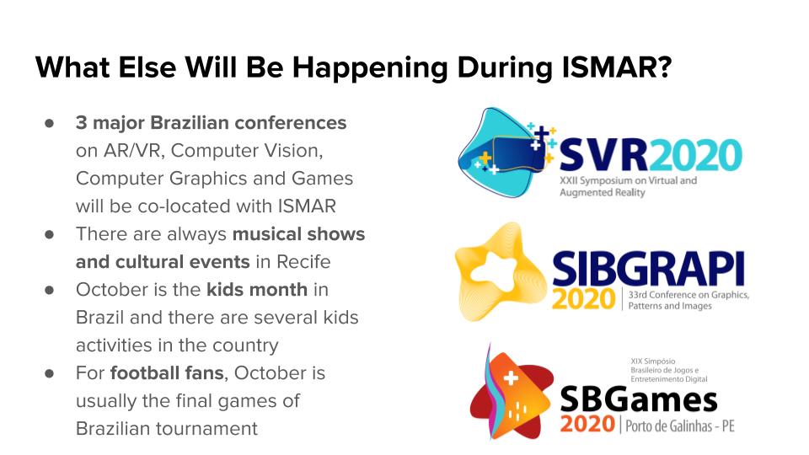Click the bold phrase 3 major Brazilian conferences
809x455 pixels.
click(211, 123)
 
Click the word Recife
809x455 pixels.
click(300, 261)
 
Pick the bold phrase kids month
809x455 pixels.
click(256, 289)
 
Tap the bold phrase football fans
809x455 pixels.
click(159, 372)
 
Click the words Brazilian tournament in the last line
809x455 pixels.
click(167, 428)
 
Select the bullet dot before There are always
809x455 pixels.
click(50, 233)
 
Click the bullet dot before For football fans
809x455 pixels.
click(50, 372)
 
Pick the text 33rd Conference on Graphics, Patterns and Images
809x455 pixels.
click(688, 300)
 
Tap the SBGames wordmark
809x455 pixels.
click(639, 399)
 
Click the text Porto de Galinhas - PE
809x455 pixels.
click(680, 426)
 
